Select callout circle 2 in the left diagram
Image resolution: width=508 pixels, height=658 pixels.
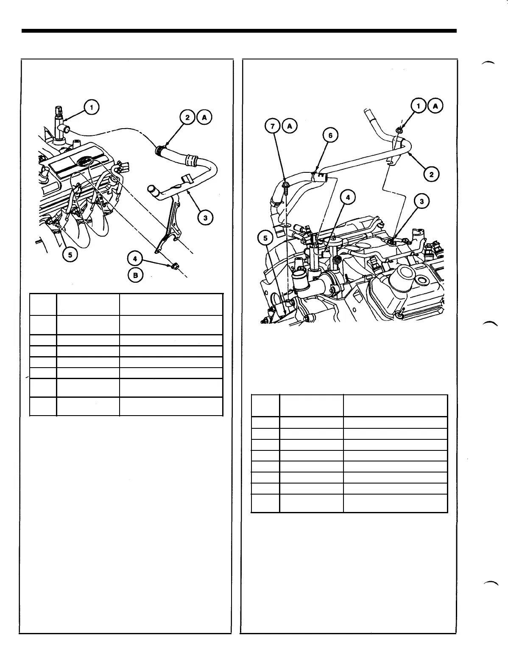(x=187, y=118)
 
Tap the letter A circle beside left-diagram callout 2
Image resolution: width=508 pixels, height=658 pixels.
(x=204, y=118)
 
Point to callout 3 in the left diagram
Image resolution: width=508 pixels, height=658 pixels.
(x=205, y=218)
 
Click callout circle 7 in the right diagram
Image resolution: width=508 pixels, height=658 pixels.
(x=273, y=126)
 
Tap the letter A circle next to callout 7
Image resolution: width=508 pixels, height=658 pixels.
(x=290, y=126)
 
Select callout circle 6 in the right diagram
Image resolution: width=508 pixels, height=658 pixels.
(x=330, y=135)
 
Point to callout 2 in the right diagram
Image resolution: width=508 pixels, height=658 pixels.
(x=431, y=174)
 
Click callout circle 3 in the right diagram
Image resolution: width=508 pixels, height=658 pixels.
(x=421, y=202)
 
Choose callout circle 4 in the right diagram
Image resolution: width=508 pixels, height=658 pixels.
(x=348, y=197)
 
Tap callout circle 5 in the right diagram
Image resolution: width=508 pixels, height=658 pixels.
(x=266, y=238)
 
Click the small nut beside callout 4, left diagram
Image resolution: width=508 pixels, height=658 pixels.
(x=174, y=267)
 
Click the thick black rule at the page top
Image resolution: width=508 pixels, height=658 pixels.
(x=239, y=31)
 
